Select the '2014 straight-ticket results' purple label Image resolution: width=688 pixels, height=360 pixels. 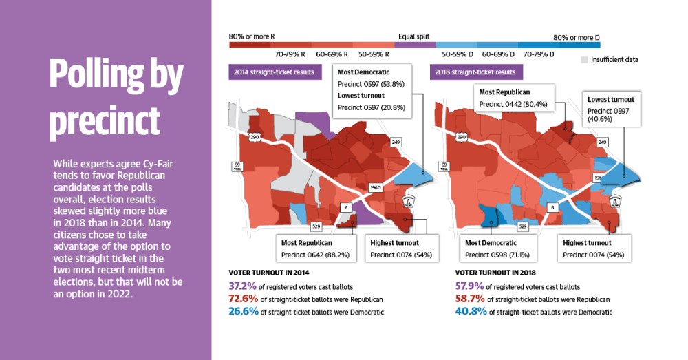(x=275, y=72)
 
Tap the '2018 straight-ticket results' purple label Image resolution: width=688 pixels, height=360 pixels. (x=476, y=72)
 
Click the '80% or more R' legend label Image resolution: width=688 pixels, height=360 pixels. (x=252, y=37)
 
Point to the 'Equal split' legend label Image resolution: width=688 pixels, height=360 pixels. (x=413, y=37)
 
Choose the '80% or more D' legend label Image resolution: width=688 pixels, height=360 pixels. (x=577, y=38)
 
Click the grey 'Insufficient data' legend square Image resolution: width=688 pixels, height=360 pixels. (x=584, y=60)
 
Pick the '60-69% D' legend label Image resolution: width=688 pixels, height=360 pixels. (x=498, y=54)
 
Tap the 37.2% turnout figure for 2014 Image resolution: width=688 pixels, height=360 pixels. (x=242, y=286)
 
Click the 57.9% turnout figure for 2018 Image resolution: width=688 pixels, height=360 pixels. (x=469, y=286)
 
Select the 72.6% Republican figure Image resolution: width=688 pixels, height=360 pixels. (x=243, y=299)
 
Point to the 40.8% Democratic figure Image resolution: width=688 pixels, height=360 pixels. (x=471, y=312)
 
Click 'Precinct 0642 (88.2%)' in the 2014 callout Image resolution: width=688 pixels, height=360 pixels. (x=316, y=255)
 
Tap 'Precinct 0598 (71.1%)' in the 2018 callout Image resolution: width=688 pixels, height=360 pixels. (x=497, y=255)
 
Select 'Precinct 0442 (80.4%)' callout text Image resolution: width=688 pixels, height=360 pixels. (x=513, y=105)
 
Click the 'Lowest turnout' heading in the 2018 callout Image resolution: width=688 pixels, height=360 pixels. (x=611, y=100)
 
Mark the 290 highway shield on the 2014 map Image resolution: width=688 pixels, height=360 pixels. (x=255, y=137)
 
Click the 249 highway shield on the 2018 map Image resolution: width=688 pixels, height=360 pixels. (x=602, y=142)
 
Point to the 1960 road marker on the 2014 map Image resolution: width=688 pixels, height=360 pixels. (x=376, y=187)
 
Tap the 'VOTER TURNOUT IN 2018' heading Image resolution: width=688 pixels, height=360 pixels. (x=495, y=273)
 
